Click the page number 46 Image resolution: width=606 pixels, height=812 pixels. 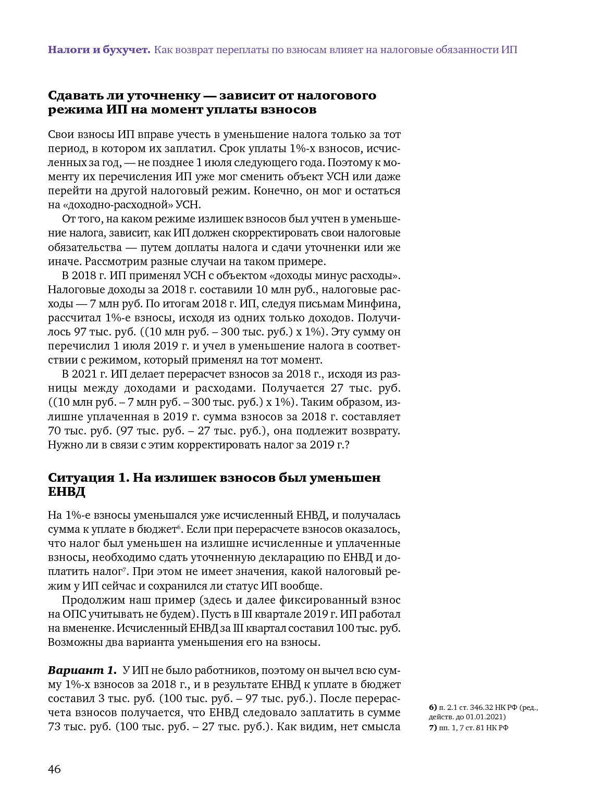54,769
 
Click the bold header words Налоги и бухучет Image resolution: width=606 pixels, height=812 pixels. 99,50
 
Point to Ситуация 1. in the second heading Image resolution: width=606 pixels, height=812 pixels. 89,478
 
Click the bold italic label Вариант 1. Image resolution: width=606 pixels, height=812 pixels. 82,670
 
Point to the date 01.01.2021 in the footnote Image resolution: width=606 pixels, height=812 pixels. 487,717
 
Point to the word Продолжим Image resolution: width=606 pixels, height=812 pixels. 90,600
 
